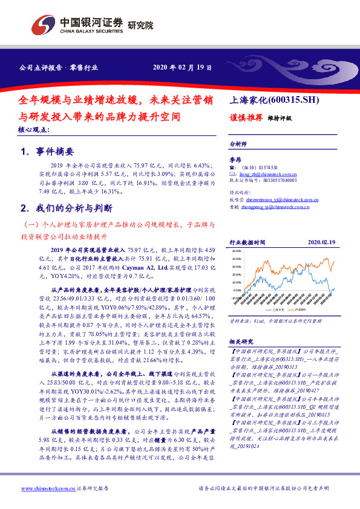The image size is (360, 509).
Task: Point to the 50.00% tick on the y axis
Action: click(236, 250)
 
